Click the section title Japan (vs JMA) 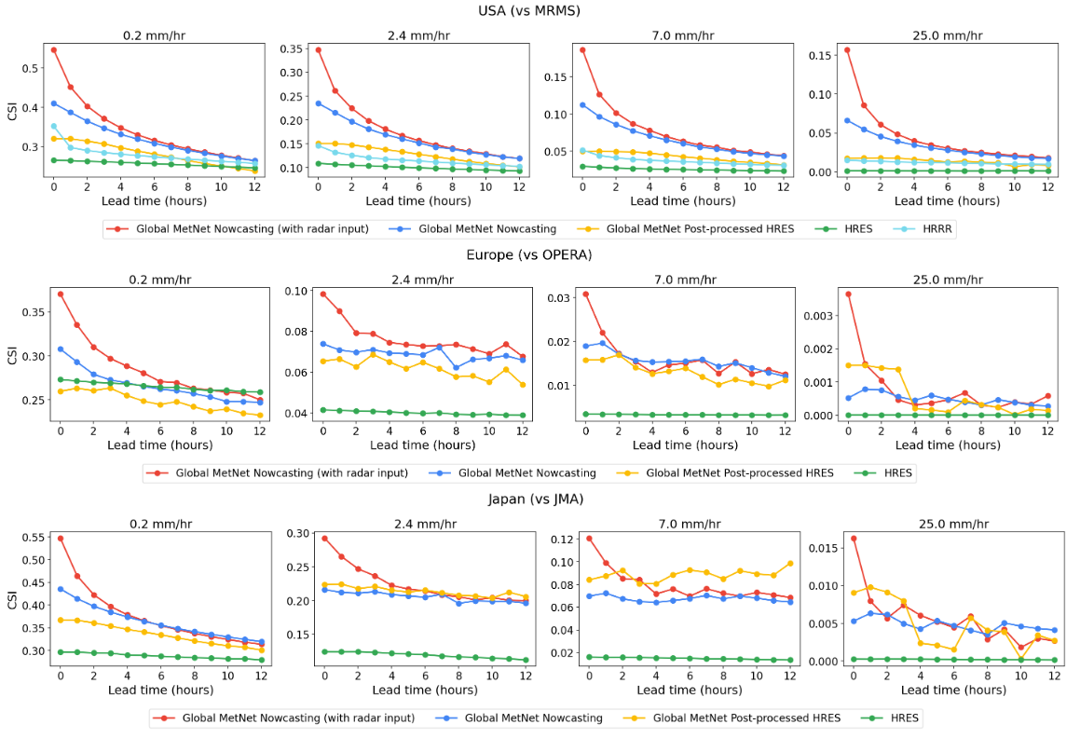click(x=536, y=499)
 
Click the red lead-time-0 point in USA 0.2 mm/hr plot click(x=54, y=50)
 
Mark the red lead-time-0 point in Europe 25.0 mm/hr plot click(x=848, y=294)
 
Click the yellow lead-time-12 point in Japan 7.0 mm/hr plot click(x=789, y=563)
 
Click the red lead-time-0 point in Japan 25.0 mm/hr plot click(x=854, y=539)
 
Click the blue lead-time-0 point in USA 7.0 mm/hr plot click(x=582, y=105)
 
